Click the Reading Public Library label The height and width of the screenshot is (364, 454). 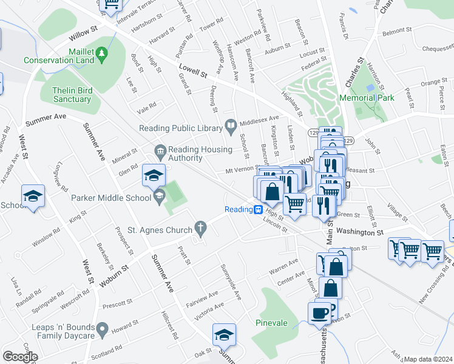[x=180, y=127]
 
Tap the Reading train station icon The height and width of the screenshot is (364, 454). [x=258, y=210]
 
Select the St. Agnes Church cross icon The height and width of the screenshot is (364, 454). [x=201, y=229]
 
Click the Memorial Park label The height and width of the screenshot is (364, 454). [x=367, y=98]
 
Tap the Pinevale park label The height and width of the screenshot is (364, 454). [x=271, y=323]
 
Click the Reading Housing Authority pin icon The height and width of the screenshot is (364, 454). [x=160, y=150]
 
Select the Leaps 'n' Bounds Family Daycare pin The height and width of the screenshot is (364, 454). [x=103, y=331]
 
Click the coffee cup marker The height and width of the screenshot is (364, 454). [x=319, y=314]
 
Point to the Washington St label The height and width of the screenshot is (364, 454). [x=359, y=231]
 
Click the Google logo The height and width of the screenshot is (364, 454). [x=19, y=357]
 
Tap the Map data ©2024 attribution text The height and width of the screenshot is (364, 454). [x=427, y=359]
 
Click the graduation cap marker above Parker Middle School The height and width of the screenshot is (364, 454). [x=154, y=176]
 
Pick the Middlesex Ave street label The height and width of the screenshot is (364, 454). [x=260, y=118]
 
